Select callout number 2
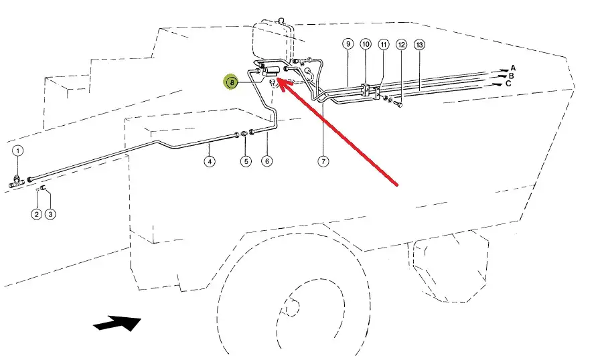(x=36, y=214)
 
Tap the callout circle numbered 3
(x=50, y=214)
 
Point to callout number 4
(x=210, y=161)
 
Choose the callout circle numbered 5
(x=246, y=161)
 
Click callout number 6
(x=267, y=161)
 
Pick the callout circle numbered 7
(x=323, y=161)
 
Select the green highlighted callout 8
(x=231, y=82)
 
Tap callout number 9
(x=348, y=44)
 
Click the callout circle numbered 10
(x=366, y=44)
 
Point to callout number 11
(x=384, y=44)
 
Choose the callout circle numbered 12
(x=401, y=45)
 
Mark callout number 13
(x=420, y=45)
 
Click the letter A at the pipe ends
(x=513, y=68)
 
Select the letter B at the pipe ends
(x=512, y=76)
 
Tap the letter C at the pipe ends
(x=510, y=84)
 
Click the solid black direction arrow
(x=118, y=323)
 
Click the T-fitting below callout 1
(x=18, y=179)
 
